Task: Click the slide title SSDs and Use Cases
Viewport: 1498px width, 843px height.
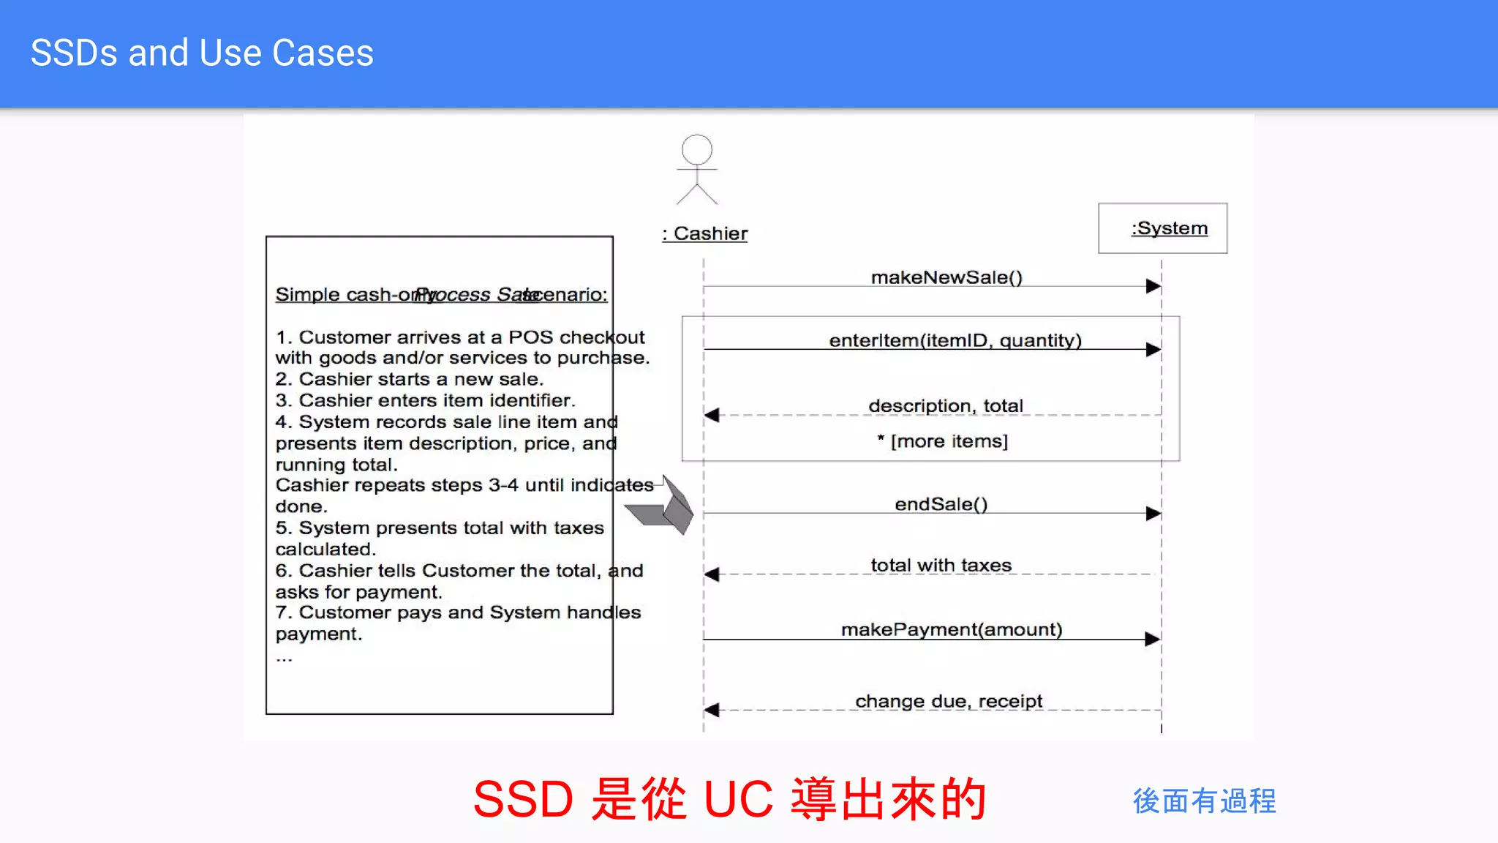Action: click(x=202, y=53)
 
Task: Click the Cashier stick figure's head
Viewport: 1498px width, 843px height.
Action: click(x=696, y=149)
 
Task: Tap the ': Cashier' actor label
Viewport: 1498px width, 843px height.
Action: click(x=705, y=233)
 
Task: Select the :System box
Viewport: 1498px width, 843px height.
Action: click(x=1162, y=228)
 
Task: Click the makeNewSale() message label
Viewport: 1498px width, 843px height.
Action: click(x=946, y=277)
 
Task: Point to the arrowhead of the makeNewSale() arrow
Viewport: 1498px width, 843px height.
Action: click(x=1153, y=286)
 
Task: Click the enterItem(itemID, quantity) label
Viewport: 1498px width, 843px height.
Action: click(x=955, y=340)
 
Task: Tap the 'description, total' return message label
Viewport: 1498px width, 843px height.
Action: click(x=945, y=405)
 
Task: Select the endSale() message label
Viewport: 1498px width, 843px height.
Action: click(x=941, y=504)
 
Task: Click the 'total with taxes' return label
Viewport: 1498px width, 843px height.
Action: click(x=941, y=565)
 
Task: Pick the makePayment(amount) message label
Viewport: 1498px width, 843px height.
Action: click(x=951, y=629)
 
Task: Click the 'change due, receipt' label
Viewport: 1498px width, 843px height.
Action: click(x=948, y=701)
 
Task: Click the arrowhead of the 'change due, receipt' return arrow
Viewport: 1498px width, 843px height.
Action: click(x=712, y=710)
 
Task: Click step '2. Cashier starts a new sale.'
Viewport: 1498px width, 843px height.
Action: click(x=409, y=379)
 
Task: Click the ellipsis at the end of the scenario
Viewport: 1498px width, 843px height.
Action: click(x=284, y=659)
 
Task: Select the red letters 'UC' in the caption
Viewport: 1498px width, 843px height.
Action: click(x=737, y=798)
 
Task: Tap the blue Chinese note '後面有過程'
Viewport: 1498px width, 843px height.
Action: click(x=1204, y=801)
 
